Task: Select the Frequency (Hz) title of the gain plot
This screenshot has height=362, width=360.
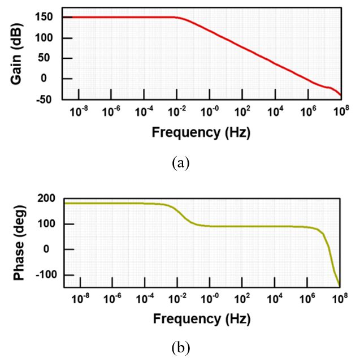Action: point(201,133)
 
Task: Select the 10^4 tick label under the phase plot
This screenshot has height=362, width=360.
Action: point(276,296)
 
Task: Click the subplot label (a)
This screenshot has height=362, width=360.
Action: point(180,163)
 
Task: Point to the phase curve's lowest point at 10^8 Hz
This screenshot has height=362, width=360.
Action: point(340,285)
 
